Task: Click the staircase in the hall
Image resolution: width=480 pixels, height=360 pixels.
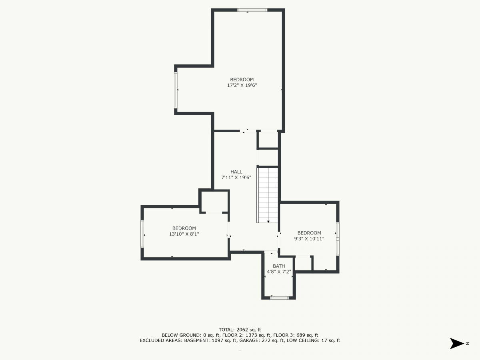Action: (268, 195)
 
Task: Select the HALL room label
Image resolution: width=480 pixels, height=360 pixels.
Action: (236, 172)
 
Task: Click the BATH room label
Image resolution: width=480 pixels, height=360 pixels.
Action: (279, 266)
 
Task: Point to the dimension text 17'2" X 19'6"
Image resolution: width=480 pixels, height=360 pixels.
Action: (242, 85)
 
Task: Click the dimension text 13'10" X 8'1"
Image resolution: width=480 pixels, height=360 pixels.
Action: (184, 234)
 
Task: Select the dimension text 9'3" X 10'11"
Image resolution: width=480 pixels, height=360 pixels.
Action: (309, 239)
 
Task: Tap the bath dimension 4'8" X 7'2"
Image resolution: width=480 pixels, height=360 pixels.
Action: (279, 272)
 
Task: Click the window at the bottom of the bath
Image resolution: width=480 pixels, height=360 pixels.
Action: (279, 298)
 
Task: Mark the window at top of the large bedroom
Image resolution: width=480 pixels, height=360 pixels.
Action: (252, 10)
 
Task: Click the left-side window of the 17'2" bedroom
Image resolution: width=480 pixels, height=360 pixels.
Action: (176, 90)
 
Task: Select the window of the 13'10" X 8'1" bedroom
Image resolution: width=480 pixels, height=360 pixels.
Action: (142, 234)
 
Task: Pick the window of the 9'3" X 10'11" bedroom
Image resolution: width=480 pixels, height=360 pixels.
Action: (338, 239)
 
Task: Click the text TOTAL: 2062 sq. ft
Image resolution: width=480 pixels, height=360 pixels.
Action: (240, 330)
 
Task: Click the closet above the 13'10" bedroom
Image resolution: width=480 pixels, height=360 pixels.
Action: (214, 202)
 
